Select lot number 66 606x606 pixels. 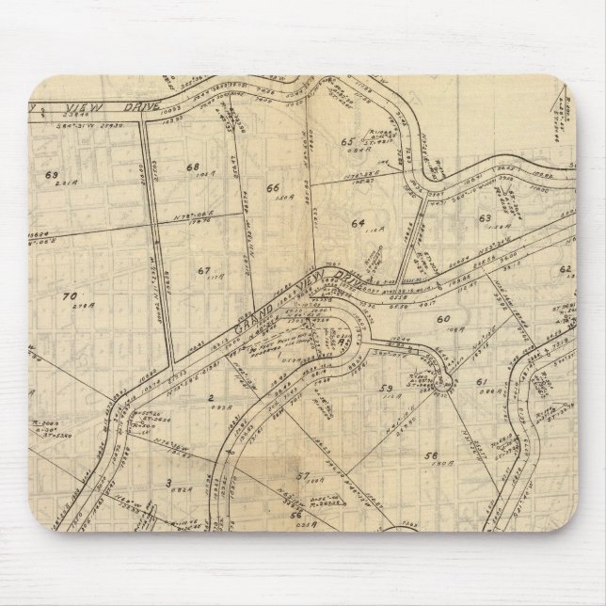tap(273, 186)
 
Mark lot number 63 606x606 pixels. tap(485, 218)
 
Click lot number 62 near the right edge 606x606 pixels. tap(566, 269)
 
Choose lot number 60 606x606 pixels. tap(441, 320)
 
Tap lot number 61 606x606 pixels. tap(480, 381)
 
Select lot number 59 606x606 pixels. tap(385, 389)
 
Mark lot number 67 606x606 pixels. tap(203, 270)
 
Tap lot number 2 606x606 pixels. tap(212, 397)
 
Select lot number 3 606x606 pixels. tap(167, 483)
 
